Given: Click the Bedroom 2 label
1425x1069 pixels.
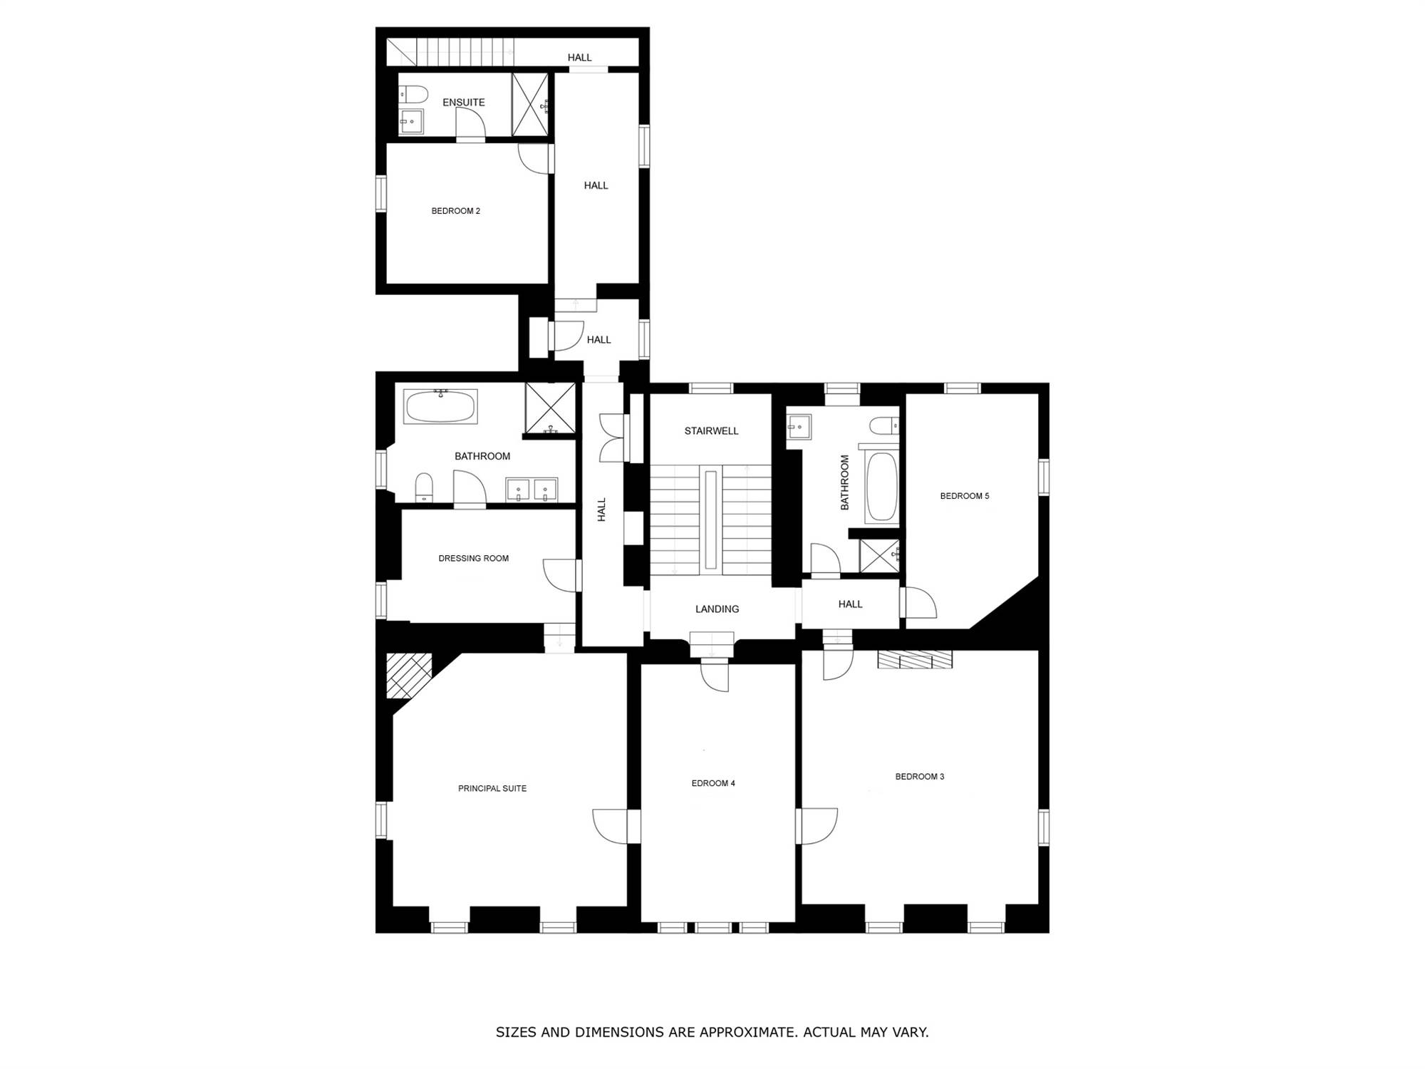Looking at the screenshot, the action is [455, 211].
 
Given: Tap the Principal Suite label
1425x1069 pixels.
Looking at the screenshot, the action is [492, 788].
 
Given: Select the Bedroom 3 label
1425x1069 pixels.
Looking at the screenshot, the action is [920, 776].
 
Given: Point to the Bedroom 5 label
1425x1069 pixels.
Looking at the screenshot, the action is [965, 496].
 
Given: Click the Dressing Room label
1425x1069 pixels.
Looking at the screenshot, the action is [474, 558].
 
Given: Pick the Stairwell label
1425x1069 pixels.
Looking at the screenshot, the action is [711, 430].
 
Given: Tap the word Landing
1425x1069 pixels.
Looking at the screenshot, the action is [717, 609].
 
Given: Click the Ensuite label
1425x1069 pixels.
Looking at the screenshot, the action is [464, 103].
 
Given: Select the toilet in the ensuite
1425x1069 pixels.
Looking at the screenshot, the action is [413, 94].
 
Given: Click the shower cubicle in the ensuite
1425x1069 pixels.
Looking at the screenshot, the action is [530, 104].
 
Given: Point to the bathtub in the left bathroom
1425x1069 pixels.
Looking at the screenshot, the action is [440, 406].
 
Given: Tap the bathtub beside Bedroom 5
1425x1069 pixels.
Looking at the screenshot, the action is [881, 487].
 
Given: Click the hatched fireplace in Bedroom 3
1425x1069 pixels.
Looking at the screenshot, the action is [915, 659].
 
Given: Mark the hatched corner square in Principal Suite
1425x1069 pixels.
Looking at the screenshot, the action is [409, 675].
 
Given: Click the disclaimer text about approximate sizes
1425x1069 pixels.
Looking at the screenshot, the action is [712, 1032].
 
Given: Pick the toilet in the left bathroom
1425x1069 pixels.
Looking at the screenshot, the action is [424, 487].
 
